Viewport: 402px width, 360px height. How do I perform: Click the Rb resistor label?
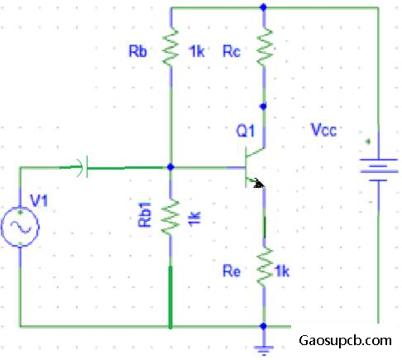tap(138, 51)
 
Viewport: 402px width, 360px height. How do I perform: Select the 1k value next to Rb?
tap(197, 51)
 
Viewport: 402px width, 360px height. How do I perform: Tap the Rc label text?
tap(232, 51)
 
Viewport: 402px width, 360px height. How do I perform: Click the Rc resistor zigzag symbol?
tap(265, 46)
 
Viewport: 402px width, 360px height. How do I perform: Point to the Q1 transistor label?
tap(245, 131)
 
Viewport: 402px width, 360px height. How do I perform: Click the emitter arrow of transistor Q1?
tap(257, 183)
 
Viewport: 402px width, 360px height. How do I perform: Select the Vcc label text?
tap(323, 130)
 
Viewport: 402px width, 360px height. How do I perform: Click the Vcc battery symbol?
tap(379, 170)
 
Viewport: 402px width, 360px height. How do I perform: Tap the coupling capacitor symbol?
tap(83, 167)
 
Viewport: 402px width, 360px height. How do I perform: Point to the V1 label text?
tap(39, 200)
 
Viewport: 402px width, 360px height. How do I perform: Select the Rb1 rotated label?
tap(145, 215)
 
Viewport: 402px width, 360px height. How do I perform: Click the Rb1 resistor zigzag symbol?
tap(170, 217)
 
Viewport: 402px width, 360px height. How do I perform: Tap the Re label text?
tap(232, 271)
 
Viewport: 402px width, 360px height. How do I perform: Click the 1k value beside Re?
tap(282, 271)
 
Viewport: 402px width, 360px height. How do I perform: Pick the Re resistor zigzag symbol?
tap(265, 267)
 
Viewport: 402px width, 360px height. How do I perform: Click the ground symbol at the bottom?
tap(264, 350)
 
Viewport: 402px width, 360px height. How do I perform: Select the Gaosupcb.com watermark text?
tap(345, 341)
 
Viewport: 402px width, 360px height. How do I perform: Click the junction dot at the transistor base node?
tap(170, 167)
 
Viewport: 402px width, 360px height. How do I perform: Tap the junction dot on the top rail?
tap(264, 7)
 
